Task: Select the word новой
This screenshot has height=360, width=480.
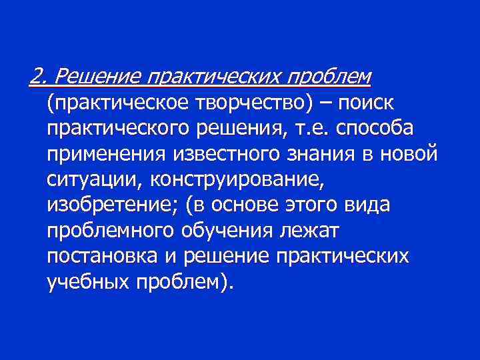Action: (x=413, y=155)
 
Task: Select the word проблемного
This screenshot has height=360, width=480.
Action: (x=114, y=231)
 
